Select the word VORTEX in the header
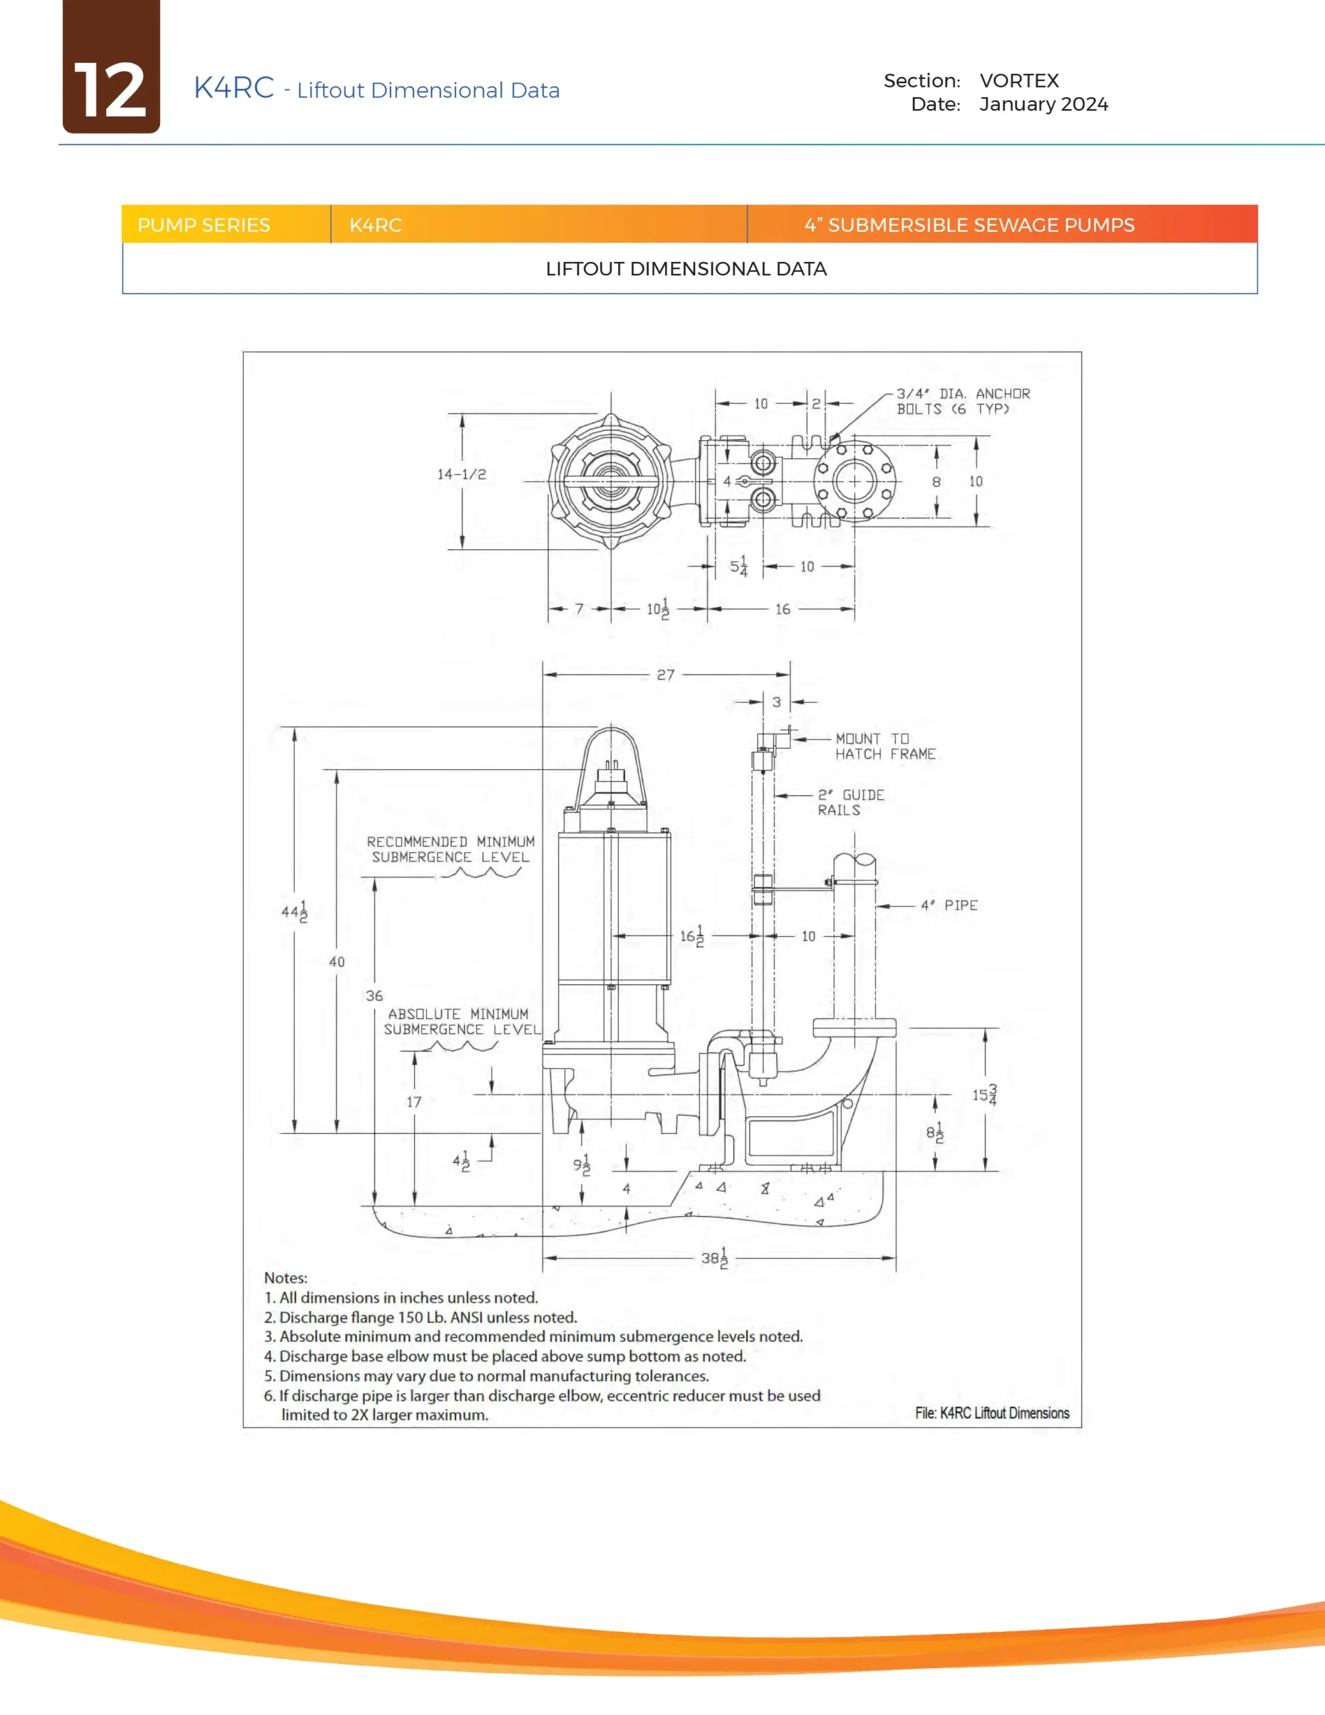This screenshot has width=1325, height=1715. point(1019,81)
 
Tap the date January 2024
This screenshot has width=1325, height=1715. point(1043,105)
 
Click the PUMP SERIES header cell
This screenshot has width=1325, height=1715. point(204,225)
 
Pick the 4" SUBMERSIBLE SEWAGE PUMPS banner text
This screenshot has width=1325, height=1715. point(969,225)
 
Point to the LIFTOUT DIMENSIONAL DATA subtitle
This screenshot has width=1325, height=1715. point(686,269)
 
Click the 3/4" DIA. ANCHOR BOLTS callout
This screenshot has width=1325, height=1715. point(963,401)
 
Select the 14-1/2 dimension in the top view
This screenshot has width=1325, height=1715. point(462,474)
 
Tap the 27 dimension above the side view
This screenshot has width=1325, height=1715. point(665,675)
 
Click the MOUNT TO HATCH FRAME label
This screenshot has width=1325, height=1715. point(884,746)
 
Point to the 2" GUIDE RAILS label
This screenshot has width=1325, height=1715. point(850,803)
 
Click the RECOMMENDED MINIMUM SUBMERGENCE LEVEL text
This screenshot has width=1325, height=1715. point(450,849)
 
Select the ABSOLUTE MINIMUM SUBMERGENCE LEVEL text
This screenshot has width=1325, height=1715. point(461,1022)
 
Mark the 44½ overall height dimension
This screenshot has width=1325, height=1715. point(295,912)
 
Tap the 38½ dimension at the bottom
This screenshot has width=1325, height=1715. point(715,1258)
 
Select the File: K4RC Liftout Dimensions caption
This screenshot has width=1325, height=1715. point(991,1414)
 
